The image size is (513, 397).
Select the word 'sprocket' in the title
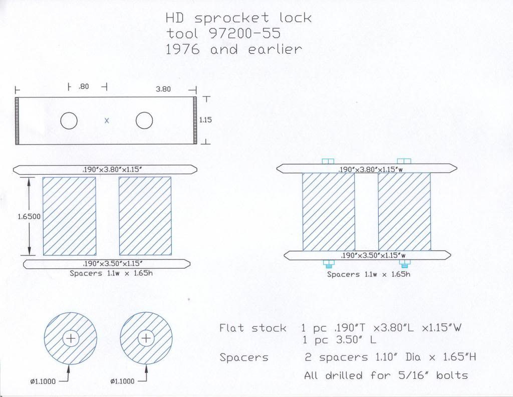pyautogui.click(x=232, y=19)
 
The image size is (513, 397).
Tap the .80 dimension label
pyautogui.click(x=84, y=87)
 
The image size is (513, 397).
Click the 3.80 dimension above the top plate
pyautogui.click(x=163, y=89)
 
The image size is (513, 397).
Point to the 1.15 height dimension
pyautogui.click(x=205, y=120)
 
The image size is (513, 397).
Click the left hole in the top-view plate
pyautogui.click(x=69, y=120)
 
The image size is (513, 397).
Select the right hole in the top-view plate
pyautogui.click(x=144, y=120)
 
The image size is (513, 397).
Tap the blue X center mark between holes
pyautogui.click(x=106, y=120)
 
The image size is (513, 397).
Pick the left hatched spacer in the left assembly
pyautogui.click(x=69, y=216)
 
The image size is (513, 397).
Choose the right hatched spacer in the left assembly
pyautogui.click(x=145, y=216)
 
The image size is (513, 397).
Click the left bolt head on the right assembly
pyautogui.click(x=328, y=161)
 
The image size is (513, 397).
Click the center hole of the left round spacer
pyautogui.click(x=71, y=339)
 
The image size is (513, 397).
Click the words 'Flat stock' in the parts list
pyautogui.click(x=252, y=328)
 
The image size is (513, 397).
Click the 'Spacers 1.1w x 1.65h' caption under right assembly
pyautogui.click(x=369, y=275)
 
